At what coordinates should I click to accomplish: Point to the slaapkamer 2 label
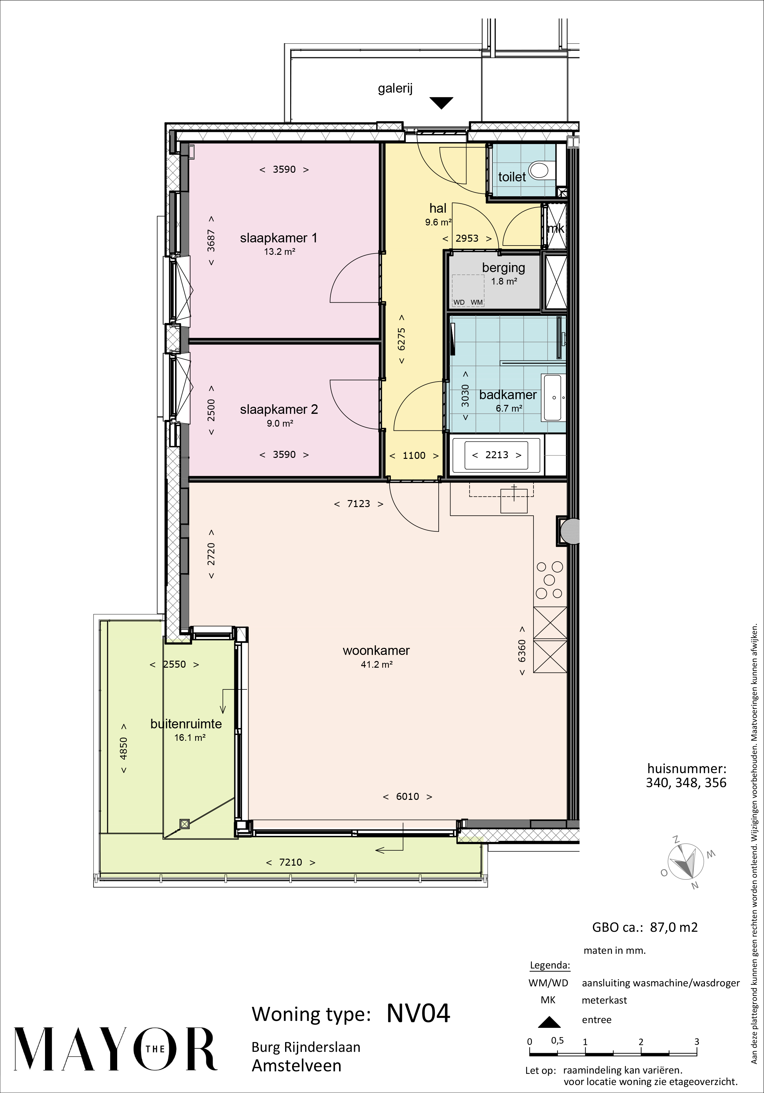tap(279, 409)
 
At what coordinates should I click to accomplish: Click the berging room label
tap(503, 268)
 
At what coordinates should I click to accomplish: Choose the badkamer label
tap(508, 395)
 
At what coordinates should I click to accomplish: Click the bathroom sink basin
tap(553, 398)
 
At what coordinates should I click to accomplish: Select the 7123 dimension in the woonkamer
tap(359, 504)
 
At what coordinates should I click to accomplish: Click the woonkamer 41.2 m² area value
tap(376, 664)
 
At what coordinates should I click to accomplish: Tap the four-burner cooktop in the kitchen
tap(550, 580)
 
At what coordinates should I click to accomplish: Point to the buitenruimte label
tap(186, 724)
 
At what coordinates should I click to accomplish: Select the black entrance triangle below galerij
tap(441, 103)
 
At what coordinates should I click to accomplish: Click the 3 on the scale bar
tap(696, 1041)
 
